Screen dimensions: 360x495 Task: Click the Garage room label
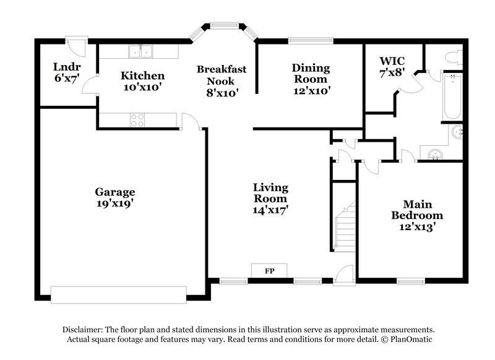114,192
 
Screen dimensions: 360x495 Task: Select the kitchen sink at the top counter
142,51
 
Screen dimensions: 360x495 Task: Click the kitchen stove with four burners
137,120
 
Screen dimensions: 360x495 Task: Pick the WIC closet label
392,62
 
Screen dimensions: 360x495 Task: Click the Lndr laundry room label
67,67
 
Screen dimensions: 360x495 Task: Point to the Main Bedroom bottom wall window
410,281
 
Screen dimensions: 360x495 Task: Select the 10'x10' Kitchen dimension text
142,87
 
